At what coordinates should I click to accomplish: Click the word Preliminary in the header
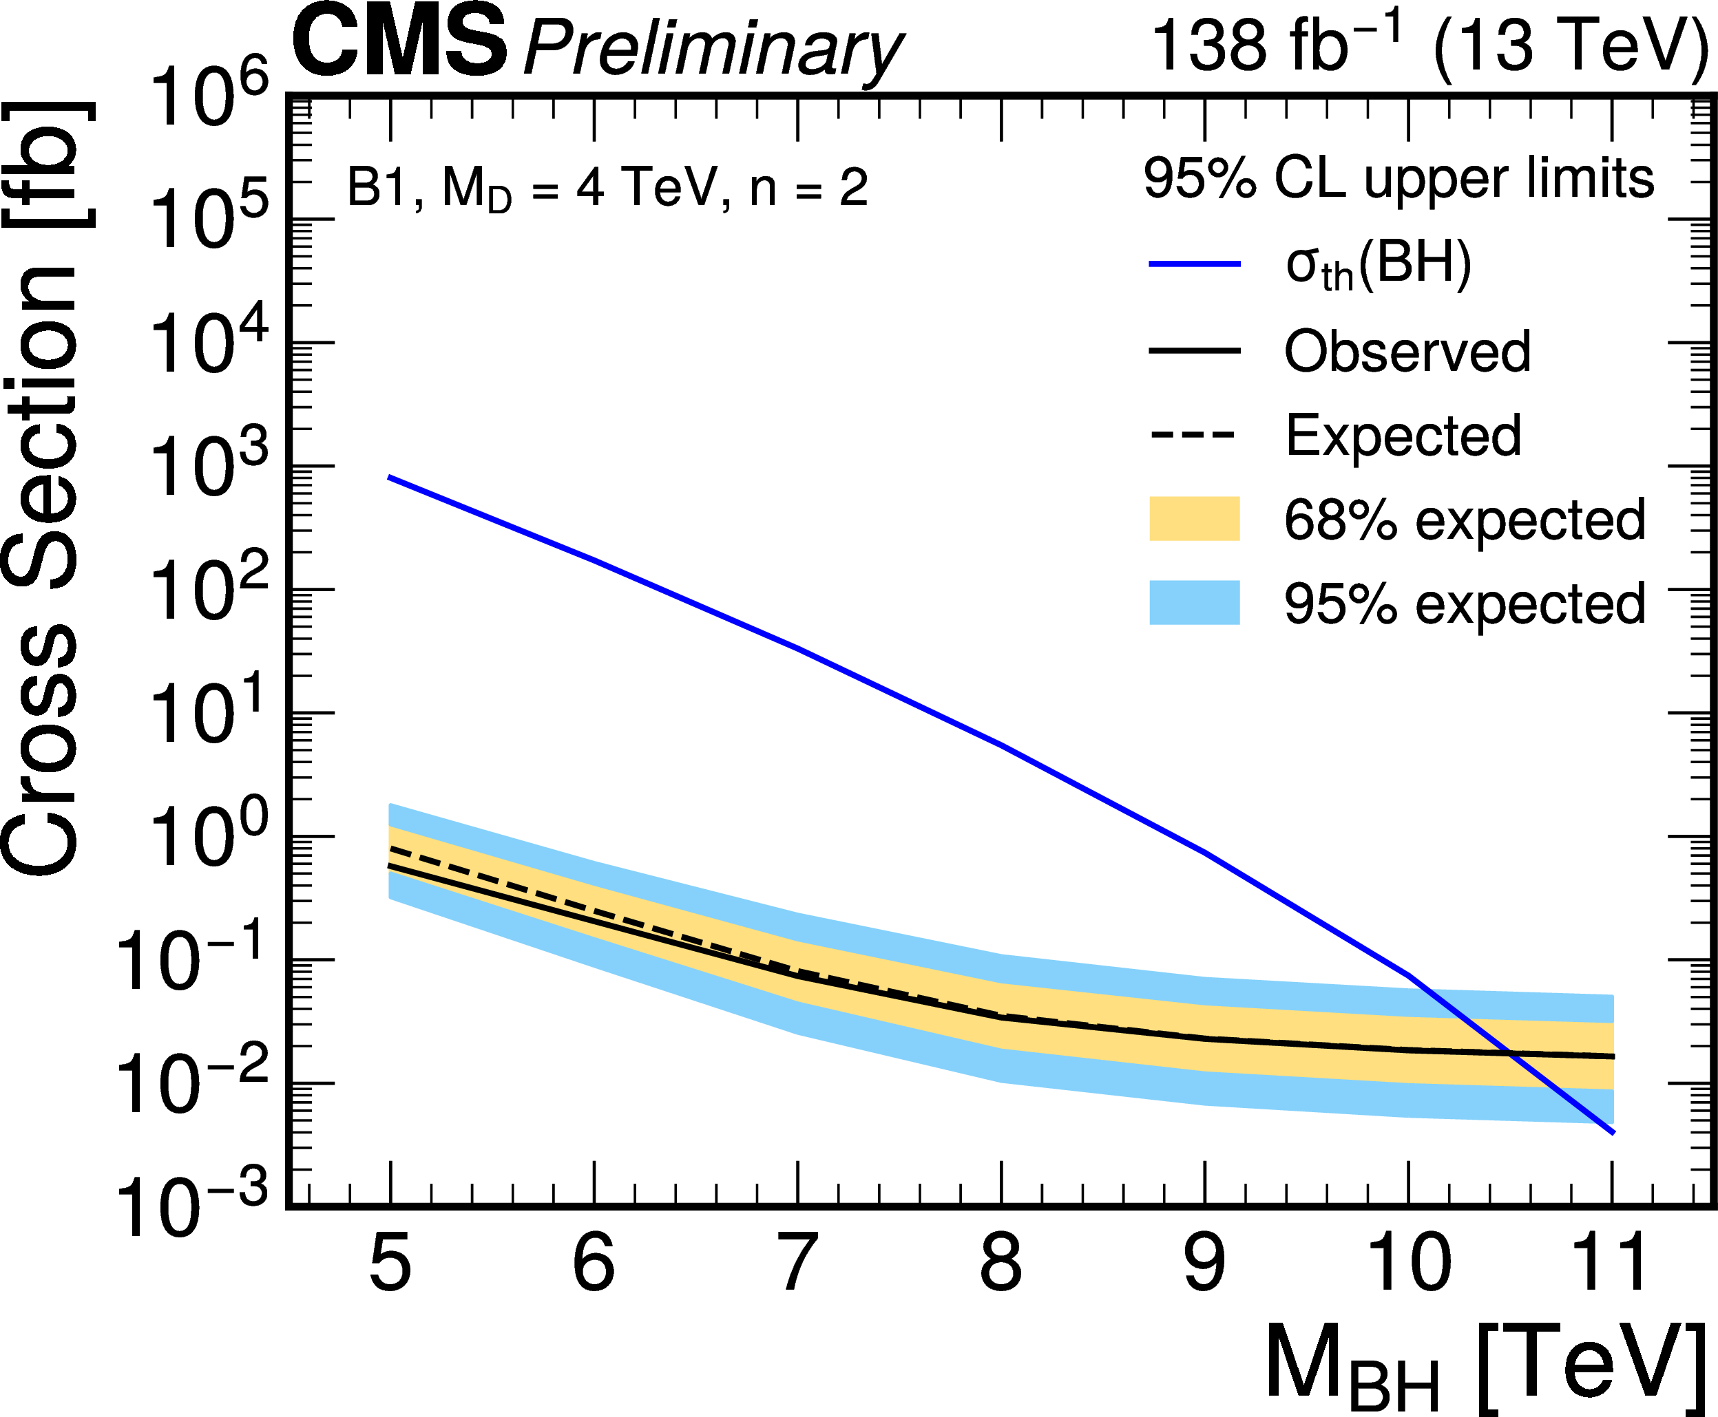tap(712, 49)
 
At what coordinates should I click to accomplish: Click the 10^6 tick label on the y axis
tap(208, 96)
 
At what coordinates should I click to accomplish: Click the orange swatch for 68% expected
tap(1194, 518)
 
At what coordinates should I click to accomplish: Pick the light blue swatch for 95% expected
tap(1194, 602)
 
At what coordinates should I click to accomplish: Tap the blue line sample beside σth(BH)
tap(1194, 264)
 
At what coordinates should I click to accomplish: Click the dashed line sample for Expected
tap(1194, 434)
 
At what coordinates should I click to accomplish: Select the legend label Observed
tap(1407, 351)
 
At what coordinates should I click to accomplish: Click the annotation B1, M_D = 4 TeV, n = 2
tap(607, 189)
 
